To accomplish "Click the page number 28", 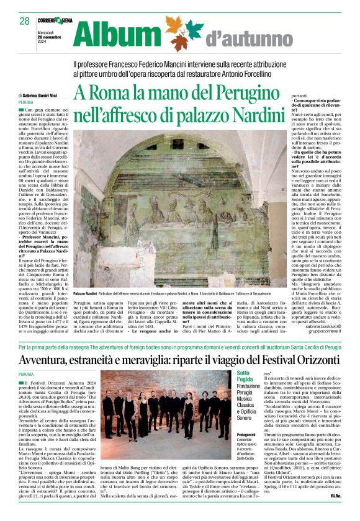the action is coord(24,21).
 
